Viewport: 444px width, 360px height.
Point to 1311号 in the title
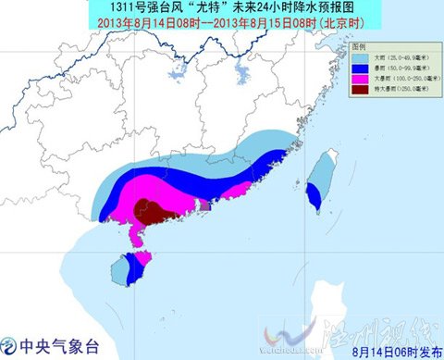click(110, 9)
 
